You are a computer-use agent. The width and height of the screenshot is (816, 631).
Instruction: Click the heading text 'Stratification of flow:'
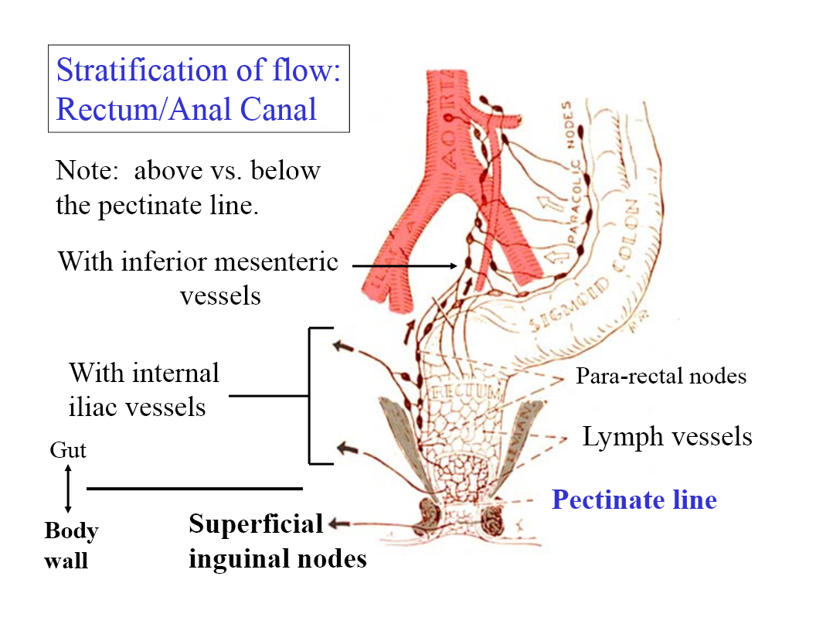tap(199, 70)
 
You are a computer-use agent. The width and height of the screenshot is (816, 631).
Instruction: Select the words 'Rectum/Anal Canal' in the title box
tap(186, 109)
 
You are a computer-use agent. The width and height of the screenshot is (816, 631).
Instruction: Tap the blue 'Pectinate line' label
tap(634, 500)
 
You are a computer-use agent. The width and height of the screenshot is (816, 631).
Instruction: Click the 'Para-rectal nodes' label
tap(661, 377)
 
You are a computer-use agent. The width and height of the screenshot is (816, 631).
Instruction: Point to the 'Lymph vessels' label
tap(667, 437)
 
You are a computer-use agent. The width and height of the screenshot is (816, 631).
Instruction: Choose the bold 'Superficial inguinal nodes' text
tap(277, 541)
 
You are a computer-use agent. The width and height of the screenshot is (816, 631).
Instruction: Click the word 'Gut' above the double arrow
tap(68, 450)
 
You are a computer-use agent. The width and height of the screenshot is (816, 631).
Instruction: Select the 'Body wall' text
tap(71, 545)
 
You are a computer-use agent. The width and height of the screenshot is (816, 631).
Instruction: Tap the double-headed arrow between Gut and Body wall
tap(68, 489)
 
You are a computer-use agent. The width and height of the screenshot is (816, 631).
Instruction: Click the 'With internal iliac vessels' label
tap(144, 390)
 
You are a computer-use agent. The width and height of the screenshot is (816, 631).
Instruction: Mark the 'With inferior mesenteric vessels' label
tap(199, 278)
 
